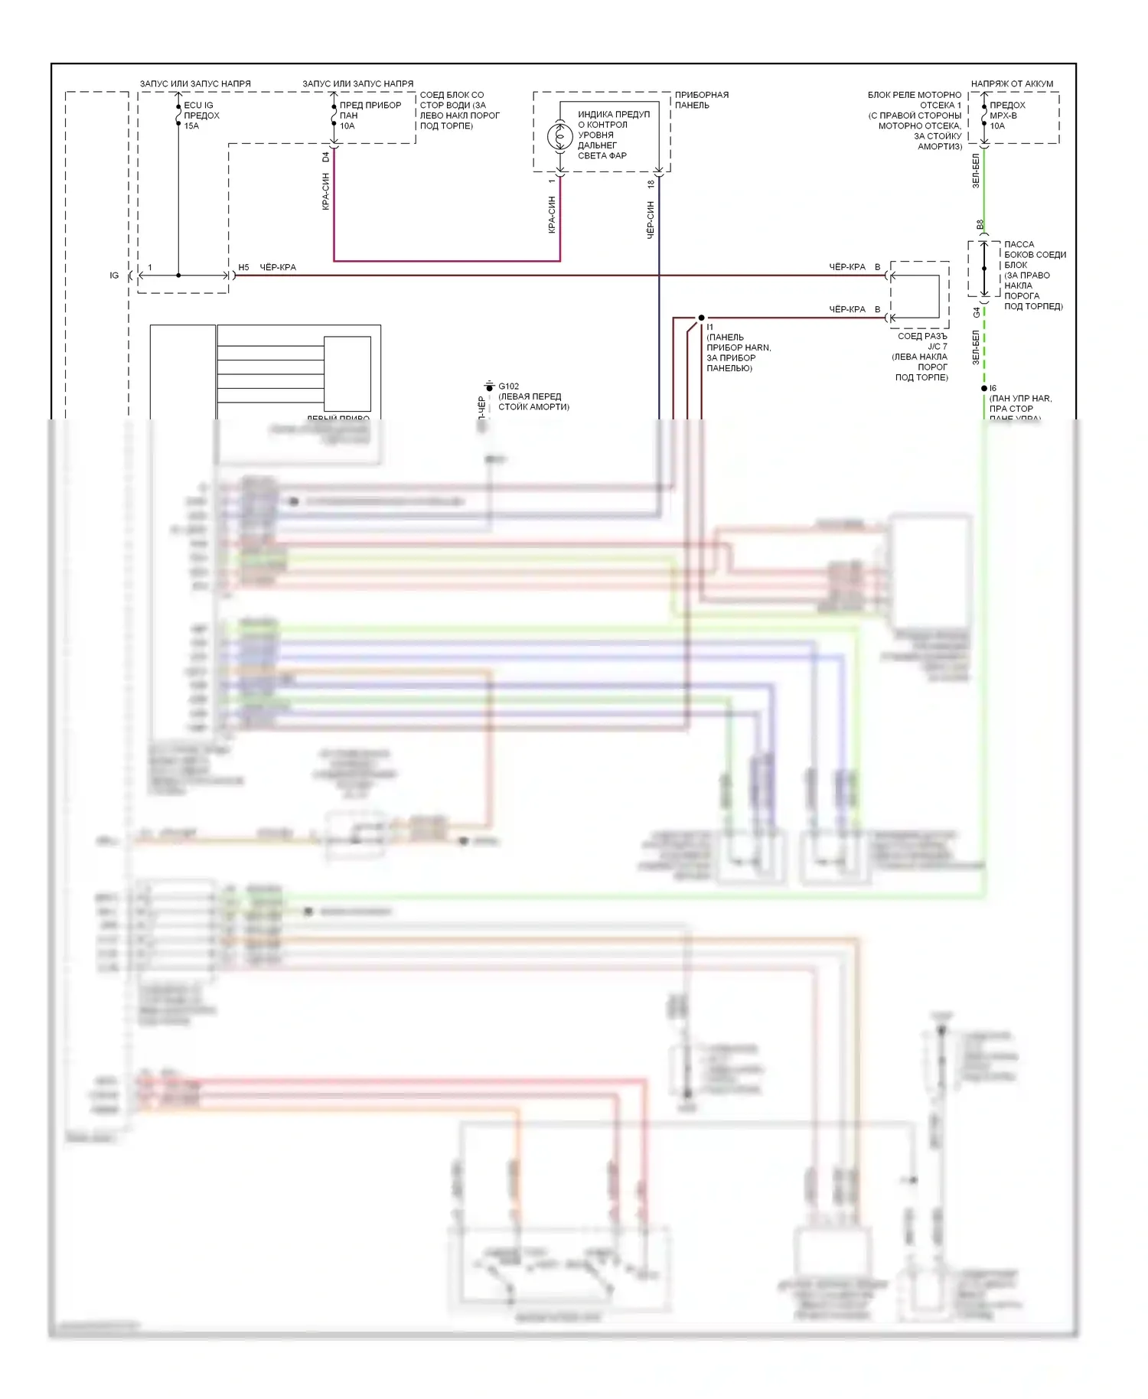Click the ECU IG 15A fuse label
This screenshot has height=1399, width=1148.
(x=201, y=116)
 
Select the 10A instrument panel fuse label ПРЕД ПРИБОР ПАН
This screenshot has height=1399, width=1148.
(x=370, y=115)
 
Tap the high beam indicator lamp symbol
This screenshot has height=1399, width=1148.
(x=559, y=137)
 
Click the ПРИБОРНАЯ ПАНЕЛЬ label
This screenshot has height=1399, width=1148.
(x=701, y=99)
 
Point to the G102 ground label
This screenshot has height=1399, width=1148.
(x=508, y=386)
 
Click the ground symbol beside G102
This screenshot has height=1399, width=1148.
(x=489, y=386)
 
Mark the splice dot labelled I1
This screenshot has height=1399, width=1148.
(x=701, y=318)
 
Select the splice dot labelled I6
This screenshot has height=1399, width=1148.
(x=984, y=389)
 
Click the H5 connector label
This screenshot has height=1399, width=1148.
(x=243, y=268)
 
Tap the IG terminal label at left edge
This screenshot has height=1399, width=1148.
(x=114, y=276)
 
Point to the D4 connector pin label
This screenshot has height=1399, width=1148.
(x=326, y=157)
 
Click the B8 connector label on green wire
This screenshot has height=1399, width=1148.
(x=980, y=225)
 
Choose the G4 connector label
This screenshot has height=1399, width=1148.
(x=977, y=312)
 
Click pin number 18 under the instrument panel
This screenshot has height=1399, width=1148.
(x=651, y=184)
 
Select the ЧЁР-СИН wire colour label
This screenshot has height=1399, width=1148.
(x=651, y=220)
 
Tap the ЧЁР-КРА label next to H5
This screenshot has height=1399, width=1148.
(x=278, y=268)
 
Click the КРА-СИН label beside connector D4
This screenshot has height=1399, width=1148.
(x=326, y=191)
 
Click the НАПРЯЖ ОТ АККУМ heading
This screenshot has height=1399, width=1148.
(x=1012, y=83)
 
